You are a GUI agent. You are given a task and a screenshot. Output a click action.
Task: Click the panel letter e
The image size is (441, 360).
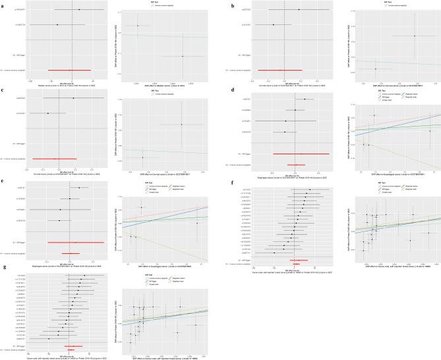pos(3,180)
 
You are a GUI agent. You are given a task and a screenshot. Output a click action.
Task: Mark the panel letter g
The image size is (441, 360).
pos(3,269)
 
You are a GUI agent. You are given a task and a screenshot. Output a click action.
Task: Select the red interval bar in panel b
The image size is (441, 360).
pos(279,69)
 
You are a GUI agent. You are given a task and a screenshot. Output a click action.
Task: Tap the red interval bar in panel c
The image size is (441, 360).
pos(55,159)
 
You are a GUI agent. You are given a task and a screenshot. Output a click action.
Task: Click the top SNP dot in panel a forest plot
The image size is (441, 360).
pos(78,10)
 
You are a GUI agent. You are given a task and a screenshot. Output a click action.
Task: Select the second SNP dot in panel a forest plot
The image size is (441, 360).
pos(57,25)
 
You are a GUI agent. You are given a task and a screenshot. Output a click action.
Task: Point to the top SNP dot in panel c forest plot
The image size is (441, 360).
pos(73,98)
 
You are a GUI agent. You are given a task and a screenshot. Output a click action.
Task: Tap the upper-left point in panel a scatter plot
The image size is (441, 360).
pos(138,26)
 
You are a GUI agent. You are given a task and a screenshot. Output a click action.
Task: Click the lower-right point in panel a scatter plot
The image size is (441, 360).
pos(183,56)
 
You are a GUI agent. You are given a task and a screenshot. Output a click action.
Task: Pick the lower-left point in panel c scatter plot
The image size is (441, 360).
pos(142,158)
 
